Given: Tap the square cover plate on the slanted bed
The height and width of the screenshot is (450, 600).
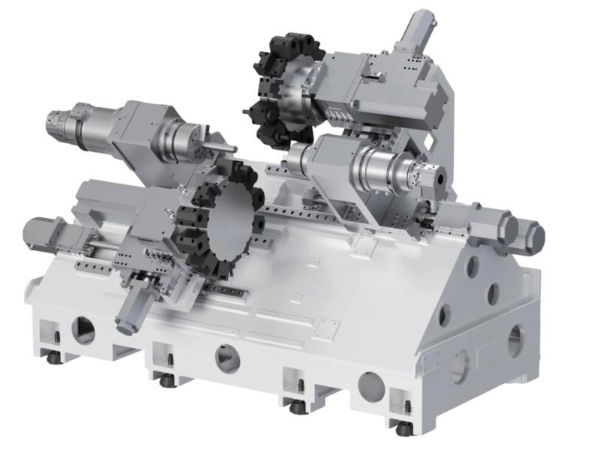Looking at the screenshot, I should coord(327,327).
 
